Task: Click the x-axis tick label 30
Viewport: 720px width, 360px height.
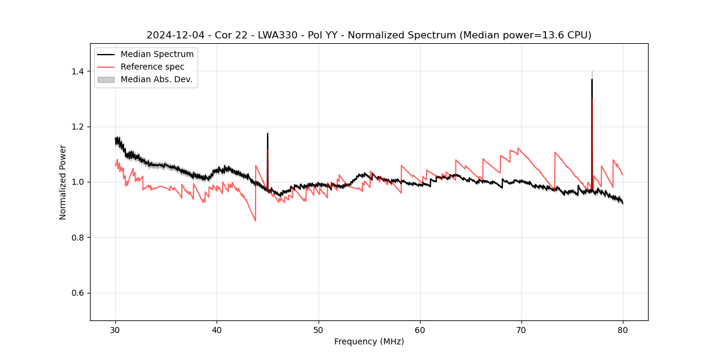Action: [x=115, y=330]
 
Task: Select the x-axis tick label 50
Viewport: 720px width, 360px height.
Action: [x=319, y=330]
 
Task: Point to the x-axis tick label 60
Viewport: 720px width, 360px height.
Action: [x=420, y=330]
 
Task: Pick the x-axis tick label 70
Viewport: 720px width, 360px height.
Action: [x=521, y=330]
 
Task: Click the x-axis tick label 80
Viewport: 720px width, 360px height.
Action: [x=623, y=330]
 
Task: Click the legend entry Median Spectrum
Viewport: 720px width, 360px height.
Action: [x=157, y=55]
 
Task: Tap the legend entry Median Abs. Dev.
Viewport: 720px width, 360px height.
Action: [x=156, y=79]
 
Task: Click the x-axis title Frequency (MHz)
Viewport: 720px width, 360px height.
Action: [x=369, y=341]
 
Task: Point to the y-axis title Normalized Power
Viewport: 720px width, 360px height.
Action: [x=63, y=182]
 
